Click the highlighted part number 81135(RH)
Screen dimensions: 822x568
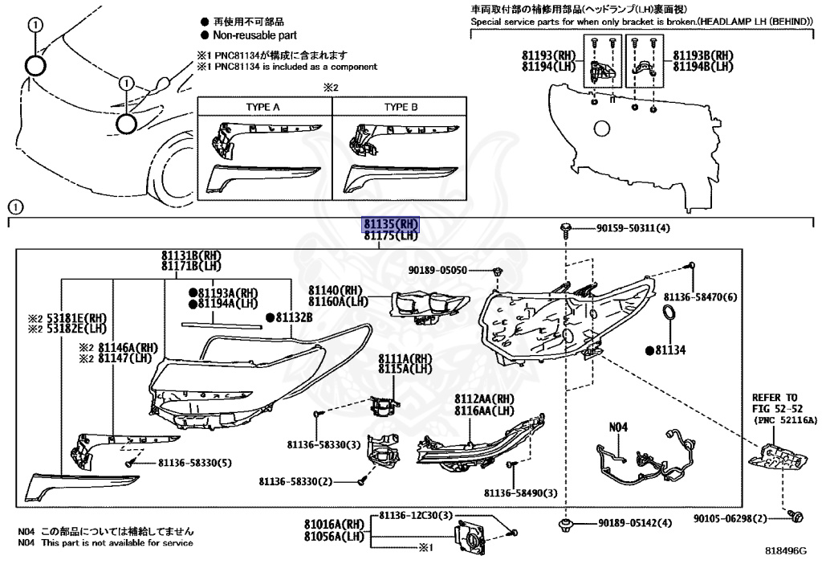click(392, 224)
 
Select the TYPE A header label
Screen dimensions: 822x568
click(263, 107)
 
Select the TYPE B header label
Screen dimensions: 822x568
click(401, 107)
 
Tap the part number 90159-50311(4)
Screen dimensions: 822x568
click(633, 228)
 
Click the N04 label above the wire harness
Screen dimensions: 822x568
click(618, 427)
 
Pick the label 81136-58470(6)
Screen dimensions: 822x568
click(700, 297)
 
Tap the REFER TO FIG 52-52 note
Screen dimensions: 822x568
click(777, 403)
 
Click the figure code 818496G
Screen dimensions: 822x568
click(786, 550)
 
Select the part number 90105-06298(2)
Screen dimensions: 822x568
click(730, 518)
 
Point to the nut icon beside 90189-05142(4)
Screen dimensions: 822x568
click(565, 523)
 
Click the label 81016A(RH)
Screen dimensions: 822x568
click(334, 524)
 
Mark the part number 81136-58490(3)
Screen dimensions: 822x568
click(520, 493)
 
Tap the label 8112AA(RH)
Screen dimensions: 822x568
click(484, 399)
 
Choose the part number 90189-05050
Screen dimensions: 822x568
click(437, 270)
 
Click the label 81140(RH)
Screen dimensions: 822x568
click(336, 291)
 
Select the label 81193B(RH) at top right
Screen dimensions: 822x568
click(703, 55)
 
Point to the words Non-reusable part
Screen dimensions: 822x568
click(254, 35)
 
